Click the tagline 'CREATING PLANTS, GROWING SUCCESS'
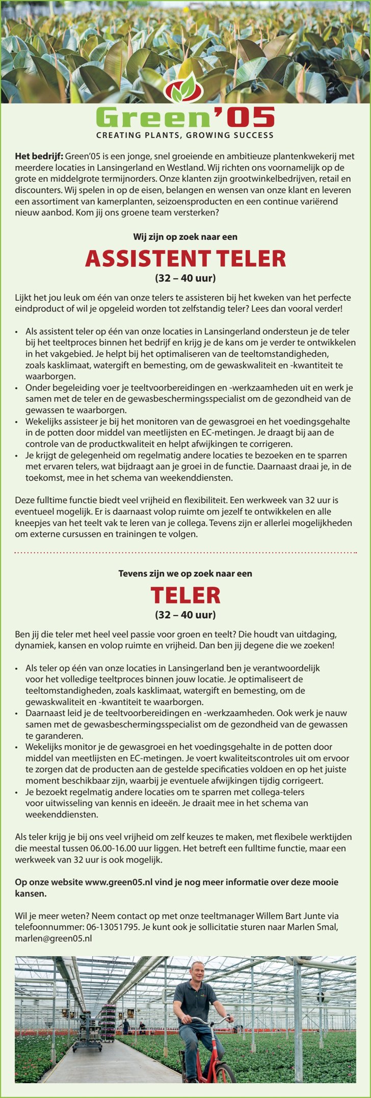tap(185, 135)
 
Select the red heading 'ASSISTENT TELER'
tap(185, 259)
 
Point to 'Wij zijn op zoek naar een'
tap(185, 237)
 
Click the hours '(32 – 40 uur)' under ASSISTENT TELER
tap(185, 278)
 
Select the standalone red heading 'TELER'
tap(185, 595)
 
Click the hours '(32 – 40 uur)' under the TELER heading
tap(185, 614)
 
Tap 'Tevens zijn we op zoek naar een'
tap(185, 573)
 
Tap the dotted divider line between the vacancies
tap(185, 552)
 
